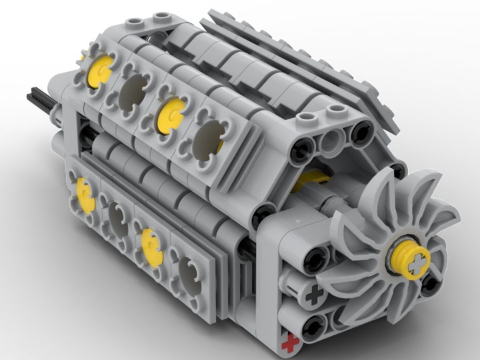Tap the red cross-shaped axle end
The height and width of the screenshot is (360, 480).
(289, 344)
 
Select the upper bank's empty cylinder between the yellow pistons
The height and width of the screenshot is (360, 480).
(136, 89)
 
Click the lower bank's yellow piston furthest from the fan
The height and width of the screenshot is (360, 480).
(85, 193)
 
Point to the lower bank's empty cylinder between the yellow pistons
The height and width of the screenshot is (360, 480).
(117, 219)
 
